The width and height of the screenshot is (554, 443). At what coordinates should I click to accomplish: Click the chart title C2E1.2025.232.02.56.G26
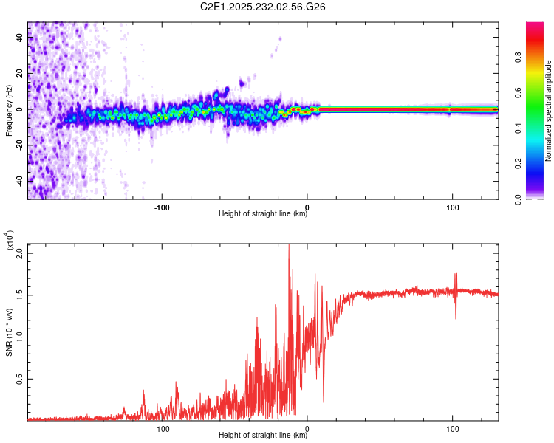(263, 8)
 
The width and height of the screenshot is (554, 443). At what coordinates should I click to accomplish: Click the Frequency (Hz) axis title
(9, 110)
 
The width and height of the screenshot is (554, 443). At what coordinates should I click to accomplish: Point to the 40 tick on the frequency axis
(20, 38)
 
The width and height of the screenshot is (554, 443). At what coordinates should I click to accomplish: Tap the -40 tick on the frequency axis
(18, 180)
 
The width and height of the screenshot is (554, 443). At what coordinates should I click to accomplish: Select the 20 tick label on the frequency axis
(20, 74)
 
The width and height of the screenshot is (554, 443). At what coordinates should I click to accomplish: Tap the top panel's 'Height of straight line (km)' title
(263, 214)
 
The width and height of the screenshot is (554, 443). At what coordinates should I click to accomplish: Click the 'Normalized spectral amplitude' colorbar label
(549, 110)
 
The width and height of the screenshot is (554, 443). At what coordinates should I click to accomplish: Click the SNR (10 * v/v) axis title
(9, 332)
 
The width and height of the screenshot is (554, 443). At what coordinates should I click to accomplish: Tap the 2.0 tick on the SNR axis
(20, 253)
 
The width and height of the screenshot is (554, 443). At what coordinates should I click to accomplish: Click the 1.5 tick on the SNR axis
(20, 295)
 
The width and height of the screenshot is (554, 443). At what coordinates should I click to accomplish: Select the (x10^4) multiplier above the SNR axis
(10, 241)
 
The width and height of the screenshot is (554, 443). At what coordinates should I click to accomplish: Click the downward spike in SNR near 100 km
(455, 317)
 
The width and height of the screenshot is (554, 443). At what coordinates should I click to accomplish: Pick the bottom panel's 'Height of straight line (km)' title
(263, 436)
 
